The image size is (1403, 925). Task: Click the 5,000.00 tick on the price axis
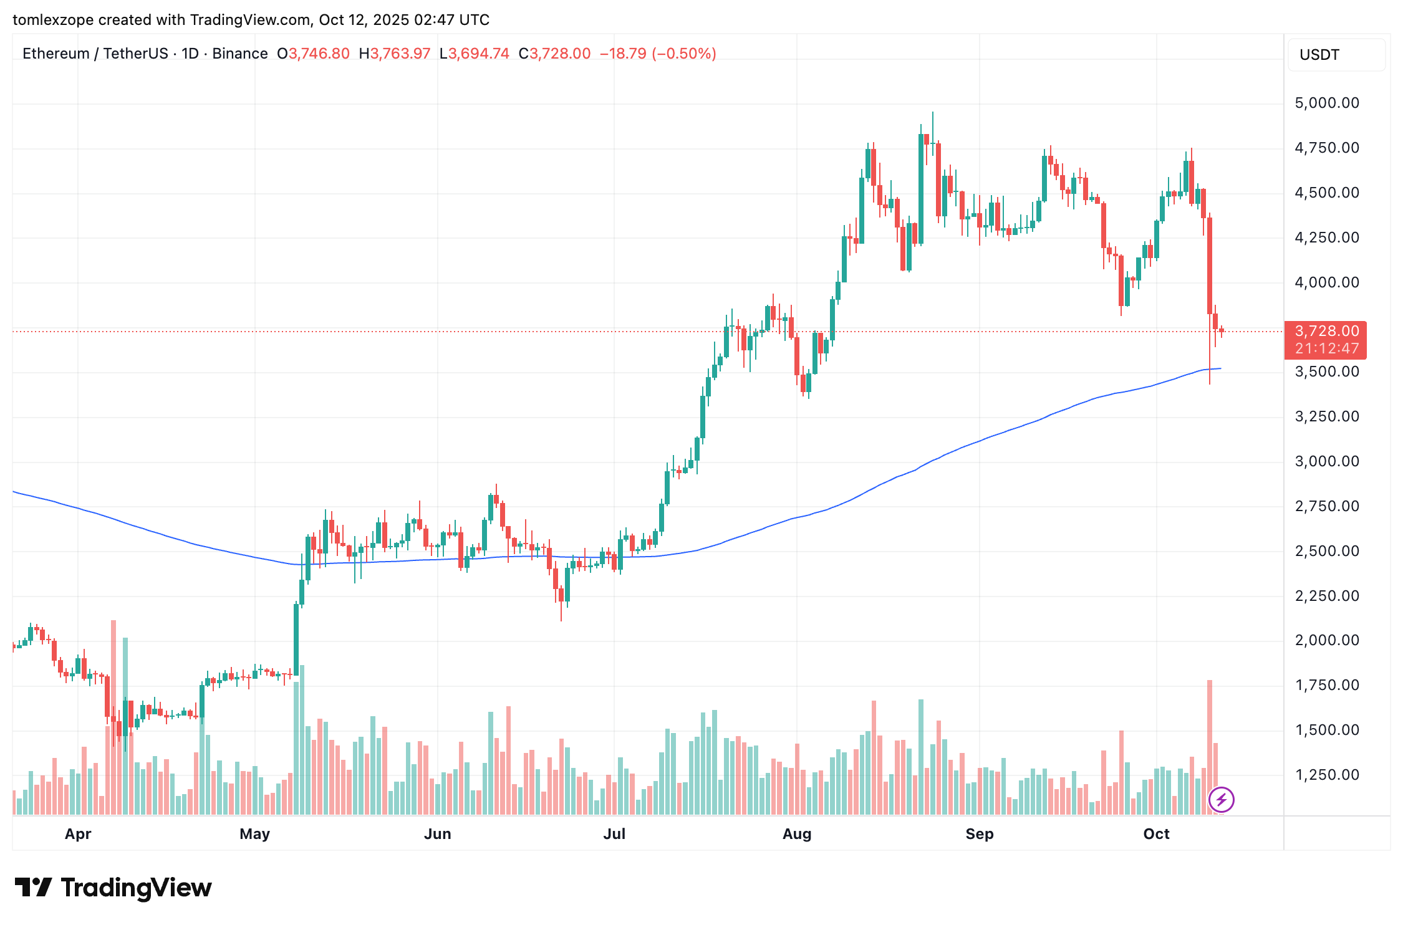(1326, 103)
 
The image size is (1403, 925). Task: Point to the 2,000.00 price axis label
(1326, 640)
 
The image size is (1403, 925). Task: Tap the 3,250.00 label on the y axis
(1326, 416)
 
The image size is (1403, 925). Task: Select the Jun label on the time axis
(437, 834)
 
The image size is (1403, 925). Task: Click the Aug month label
(796, 834)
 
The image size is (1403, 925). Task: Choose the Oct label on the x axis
(1156, 834)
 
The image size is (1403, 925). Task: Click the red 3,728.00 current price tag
(1326, 331)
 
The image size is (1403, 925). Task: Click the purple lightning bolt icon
(1221, 799)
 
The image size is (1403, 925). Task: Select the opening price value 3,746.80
(319, 54)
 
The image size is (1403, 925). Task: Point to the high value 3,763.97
(400, 54)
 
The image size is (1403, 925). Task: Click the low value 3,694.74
(478, 54)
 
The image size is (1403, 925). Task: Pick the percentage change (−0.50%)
(683, 54)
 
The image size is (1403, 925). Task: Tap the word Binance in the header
(240, 54)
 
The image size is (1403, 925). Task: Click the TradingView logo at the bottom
(113, 888)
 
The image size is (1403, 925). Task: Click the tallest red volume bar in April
(113, 717)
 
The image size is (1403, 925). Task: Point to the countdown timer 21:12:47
(1326, 348)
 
